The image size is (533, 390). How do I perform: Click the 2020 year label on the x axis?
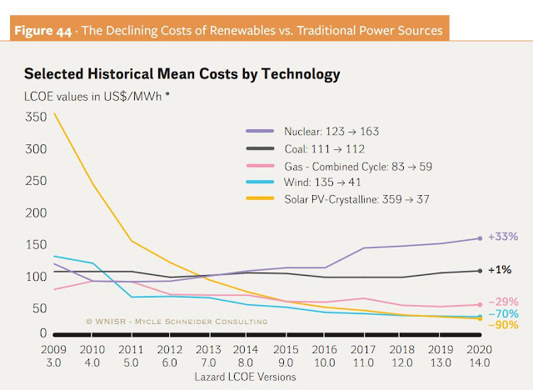(480, 351)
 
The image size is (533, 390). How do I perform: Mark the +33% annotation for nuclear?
(498, 238)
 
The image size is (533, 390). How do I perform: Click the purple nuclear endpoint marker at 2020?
(481, 238)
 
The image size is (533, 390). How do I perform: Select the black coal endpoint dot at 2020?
(481, 270)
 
